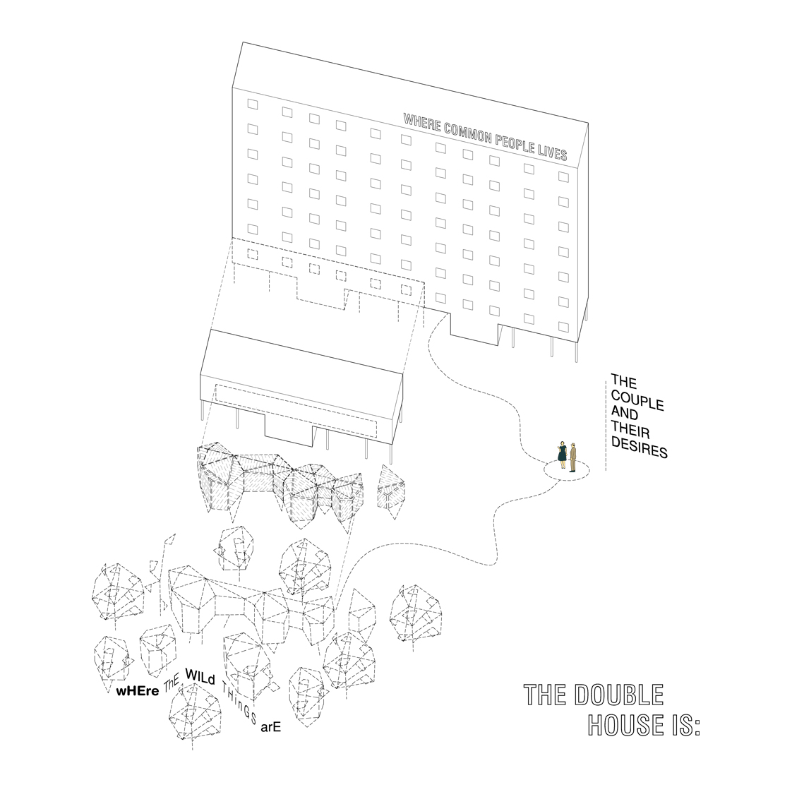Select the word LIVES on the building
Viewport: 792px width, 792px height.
coord(555,150)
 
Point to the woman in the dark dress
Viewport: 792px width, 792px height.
coord(562,453)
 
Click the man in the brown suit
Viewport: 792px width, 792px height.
coord(574,456)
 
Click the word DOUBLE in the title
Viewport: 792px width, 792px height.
coord(619,695)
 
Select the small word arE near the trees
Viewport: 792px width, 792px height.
coord(271,727)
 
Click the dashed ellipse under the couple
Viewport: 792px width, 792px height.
coord(567,472)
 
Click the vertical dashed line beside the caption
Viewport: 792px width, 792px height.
coord(605,424)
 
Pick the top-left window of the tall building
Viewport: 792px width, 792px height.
coord(253,104)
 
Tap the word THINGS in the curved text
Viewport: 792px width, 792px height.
coord(237,700)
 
